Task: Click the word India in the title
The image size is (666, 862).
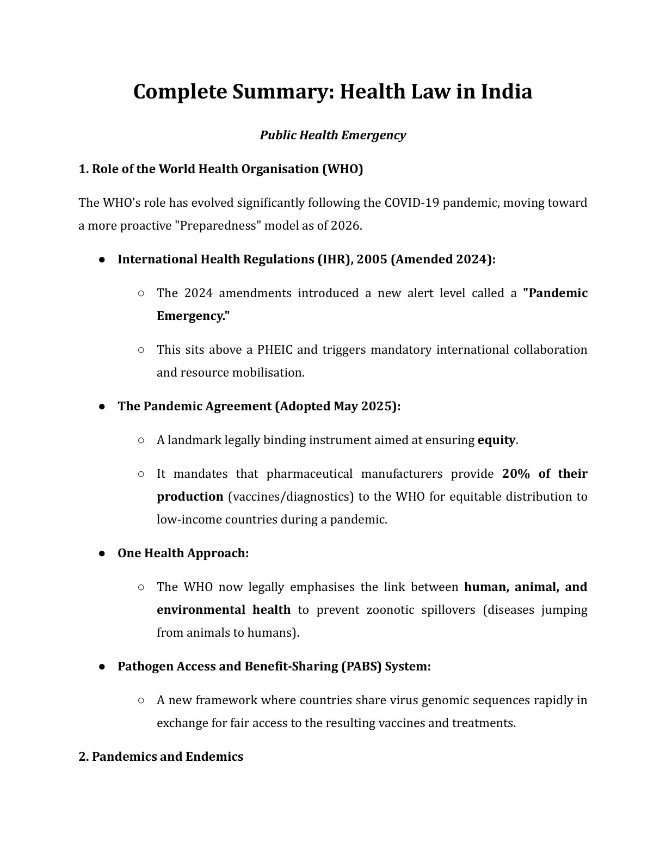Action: (x=506, y=91)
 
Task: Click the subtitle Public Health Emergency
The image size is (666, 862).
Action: (x=332, y=135)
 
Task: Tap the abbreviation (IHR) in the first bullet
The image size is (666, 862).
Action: (x=334, y=259)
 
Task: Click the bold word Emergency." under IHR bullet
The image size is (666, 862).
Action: (x=193, y=316)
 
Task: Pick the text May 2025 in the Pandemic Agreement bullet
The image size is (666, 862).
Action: (x=363, y=406)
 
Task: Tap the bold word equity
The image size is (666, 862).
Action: (x=496, y=440)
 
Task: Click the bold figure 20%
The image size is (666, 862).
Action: (x=516, y=473)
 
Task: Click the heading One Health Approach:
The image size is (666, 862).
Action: (x=183, y=553)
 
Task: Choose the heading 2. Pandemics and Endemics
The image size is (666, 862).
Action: (x=161, y=756)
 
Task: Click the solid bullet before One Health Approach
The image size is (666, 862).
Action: (x=102, y=553)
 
